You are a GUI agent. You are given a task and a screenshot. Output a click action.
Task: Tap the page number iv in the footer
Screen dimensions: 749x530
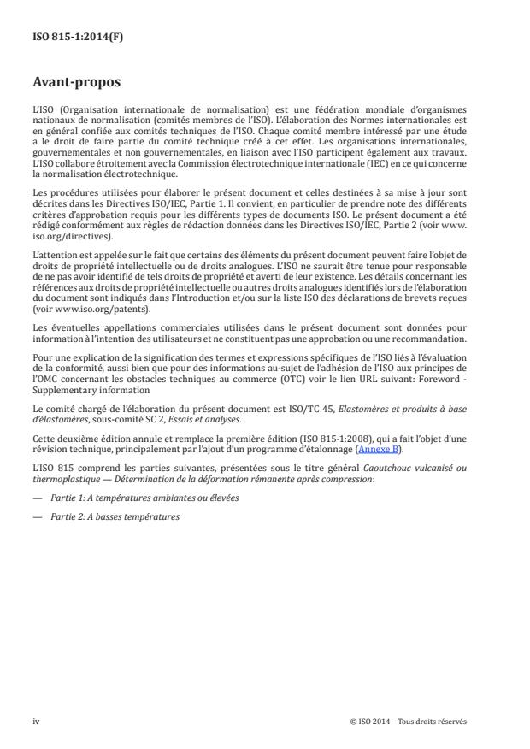pos(36,722)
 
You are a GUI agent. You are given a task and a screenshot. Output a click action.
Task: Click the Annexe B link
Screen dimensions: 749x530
pos(409,449)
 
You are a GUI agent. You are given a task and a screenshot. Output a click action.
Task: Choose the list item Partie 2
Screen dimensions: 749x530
pos(111,516)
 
